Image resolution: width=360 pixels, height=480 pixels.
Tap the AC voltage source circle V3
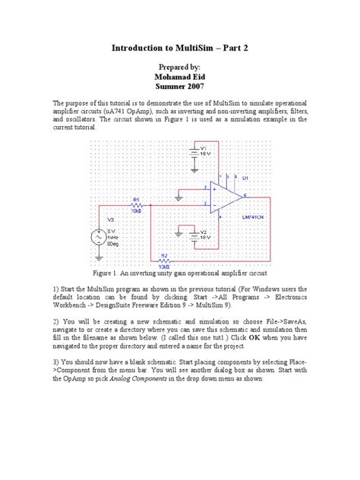(x=99, y=237)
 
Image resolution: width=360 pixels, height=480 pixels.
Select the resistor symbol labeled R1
(x=137, y=205)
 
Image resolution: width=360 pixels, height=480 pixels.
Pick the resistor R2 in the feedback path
(x=164, y=258)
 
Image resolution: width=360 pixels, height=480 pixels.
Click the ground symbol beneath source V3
(x=99, y=259)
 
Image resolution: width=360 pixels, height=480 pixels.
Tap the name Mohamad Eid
(x=180, y=77)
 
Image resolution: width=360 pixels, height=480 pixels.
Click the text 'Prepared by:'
(x=180, y=66)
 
